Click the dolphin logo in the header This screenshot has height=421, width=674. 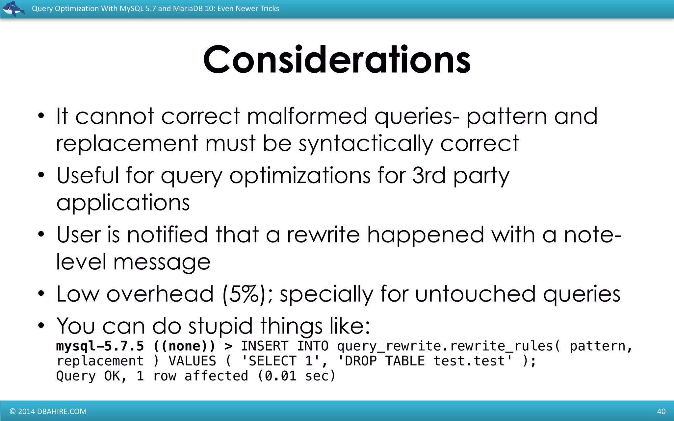click(13, 9)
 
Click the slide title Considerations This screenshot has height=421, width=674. click(337, 60)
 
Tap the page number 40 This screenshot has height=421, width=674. click(661, 411)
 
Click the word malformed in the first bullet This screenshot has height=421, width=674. click(307, 116)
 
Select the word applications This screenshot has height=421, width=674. click(123, 203)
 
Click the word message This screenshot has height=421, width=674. click(162, 262)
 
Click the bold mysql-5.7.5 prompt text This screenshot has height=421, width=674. click(100, 346)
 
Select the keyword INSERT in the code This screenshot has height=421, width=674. click(265, 346)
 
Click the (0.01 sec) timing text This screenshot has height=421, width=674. click(296, 376)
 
